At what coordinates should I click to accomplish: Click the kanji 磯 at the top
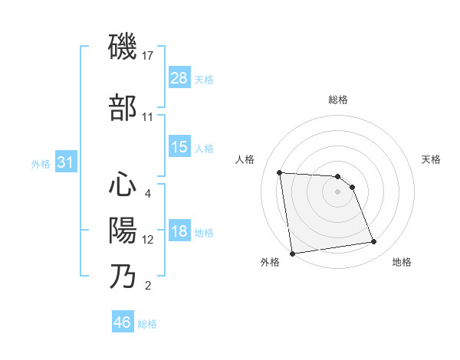coord(123,48)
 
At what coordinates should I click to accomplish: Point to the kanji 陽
coord(123,229)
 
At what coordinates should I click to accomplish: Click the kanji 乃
coord(123,276)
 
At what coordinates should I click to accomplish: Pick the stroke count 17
coord(148,56)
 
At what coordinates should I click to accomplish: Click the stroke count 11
coord(148,117)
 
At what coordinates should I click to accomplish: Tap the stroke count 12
coord(148,240)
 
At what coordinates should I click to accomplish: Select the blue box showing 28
coord(179,78)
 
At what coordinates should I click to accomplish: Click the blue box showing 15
coord(179,147)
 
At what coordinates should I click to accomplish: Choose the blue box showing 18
coord(179,232)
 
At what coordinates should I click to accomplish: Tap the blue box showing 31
coord(65,162)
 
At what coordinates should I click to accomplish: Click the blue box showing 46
coord(122,322)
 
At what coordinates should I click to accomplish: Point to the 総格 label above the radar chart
coord(338,100)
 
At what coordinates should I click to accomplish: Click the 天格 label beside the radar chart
coord(432,159)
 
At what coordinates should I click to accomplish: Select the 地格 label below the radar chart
coord(402,262)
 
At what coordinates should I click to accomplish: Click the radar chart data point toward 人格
coord(280,172)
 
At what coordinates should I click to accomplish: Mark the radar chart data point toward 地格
coord(374,242)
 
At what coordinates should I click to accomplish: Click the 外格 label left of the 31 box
coord(41,163)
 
